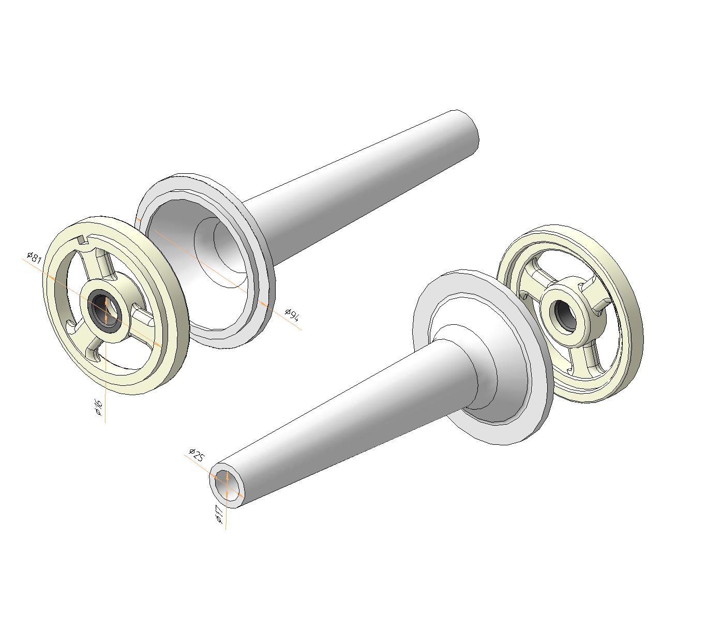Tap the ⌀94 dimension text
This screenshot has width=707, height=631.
[292, 314]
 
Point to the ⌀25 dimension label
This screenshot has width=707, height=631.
[197, 455]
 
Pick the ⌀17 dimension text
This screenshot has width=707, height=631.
[219, 514]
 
